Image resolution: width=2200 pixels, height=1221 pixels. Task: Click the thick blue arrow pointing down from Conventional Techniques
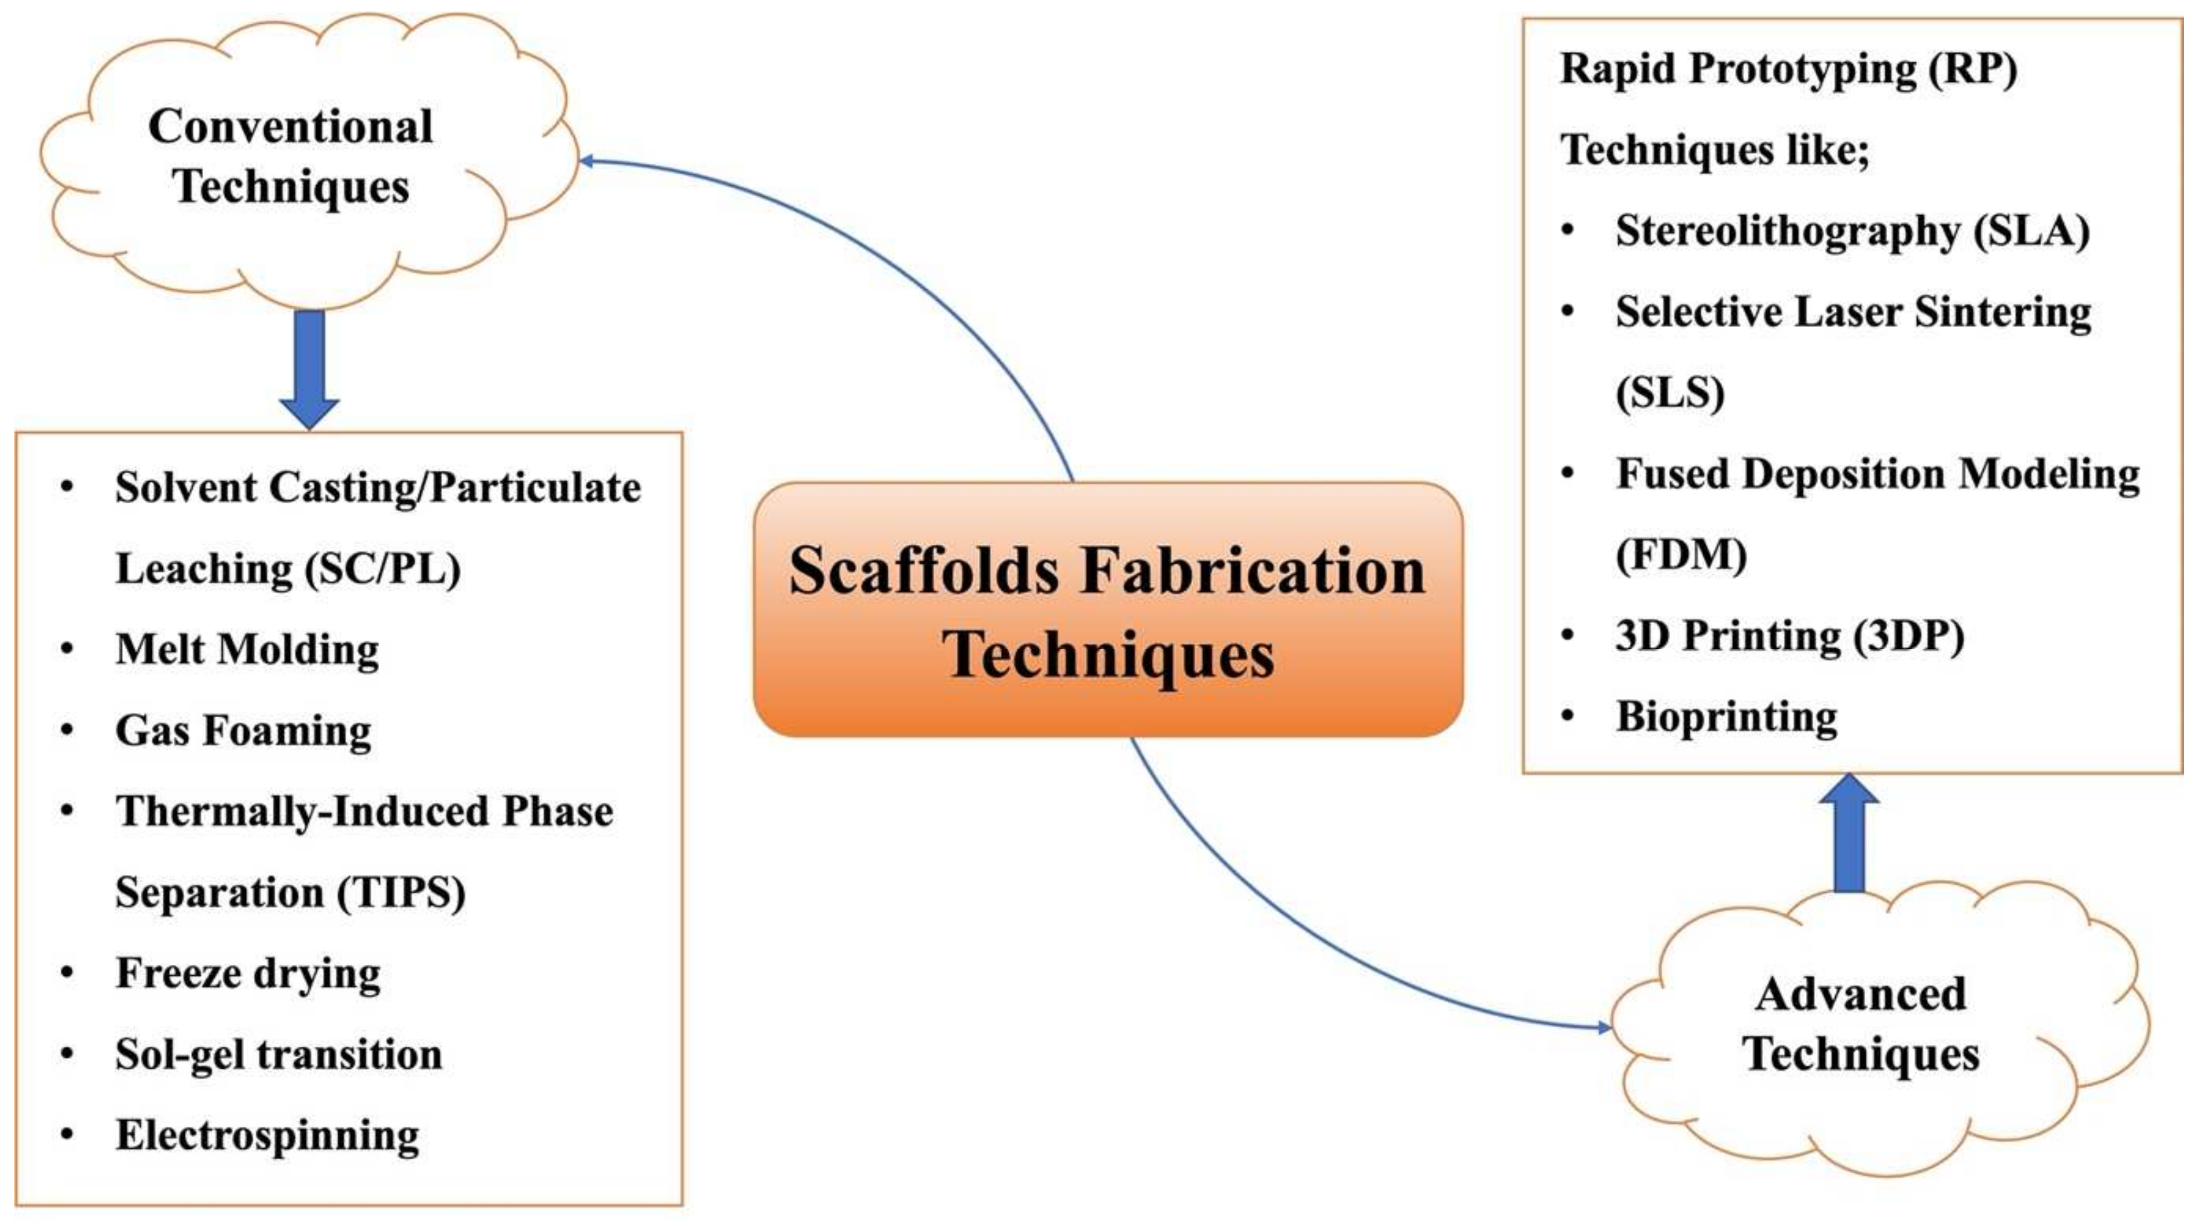pos(309,367)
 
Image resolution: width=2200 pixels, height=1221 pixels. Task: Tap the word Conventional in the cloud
pos(290,127)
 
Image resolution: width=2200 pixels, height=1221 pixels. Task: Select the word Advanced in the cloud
pos(1861,994)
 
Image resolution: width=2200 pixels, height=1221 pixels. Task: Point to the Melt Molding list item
pos(248,649)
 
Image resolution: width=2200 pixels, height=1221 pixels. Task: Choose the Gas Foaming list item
pos(244,730)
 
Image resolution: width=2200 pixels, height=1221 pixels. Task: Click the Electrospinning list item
pos(267,1135)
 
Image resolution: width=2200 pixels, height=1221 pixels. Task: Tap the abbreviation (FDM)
pos(1681,555)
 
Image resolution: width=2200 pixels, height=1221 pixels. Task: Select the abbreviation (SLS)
pos(1670,393)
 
